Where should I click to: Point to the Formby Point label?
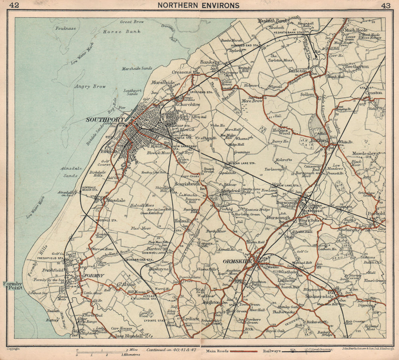point(12,285)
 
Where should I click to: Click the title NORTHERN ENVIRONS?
point(198,5)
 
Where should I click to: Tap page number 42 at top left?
point(14,5)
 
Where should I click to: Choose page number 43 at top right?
point(385,5)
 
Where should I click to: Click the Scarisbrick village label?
point(187,184)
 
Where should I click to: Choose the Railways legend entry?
point(272,351)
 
